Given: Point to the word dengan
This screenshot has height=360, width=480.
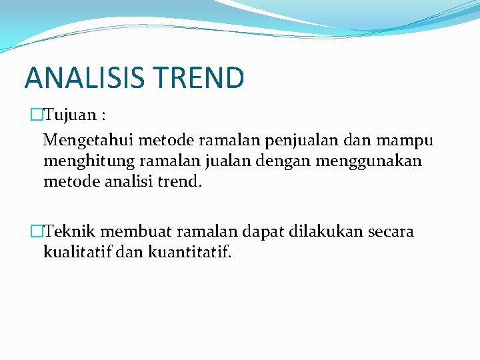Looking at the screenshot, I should [x=293, y=162].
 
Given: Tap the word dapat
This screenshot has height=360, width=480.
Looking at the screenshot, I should [x=255, y=233].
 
